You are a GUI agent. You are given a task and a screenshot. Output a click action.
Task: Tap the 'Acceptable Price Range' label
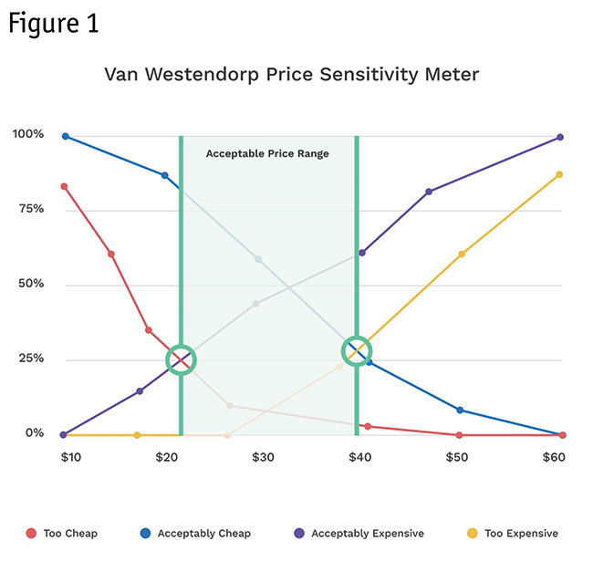[267, 153]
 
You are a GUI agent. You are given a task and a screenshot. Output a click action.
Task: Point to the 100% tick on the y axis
[27, 135]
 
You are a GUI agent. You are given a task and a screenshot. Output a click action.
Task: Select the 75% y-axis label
[29, 209]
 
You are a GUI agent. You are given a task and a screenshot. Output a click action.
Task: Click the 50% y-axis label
[29, 284]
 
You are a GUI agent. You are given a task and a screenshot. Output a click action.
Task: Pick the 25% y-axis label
[29, 359]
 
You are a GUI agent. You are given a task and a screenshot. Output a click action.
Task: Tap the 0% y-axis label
[32, 433]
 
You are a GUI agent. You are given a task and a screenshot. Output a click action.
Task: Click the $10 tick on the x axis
[71, 455]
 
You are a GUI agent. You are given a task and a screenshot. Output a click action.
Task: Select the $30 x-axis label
[263, 455]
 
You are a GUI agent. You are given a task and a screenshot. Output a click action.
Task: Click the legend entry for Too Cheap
[62, 533]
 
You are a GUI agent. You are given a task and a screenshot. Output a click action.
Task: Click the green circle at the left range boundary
[182, 359]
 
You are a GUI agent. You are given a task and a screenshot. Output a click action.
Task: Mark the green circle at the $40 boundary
[357, 350]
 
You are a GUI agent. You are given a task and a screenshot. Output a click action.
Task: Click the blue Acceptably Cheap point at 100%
[66, 136]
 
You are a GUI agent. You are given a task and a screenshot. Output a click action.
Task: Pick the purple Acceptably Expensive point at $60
[560, 137]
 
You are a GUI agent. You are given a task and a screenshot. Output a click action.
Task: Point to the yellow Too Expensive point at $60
[559, 174]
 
